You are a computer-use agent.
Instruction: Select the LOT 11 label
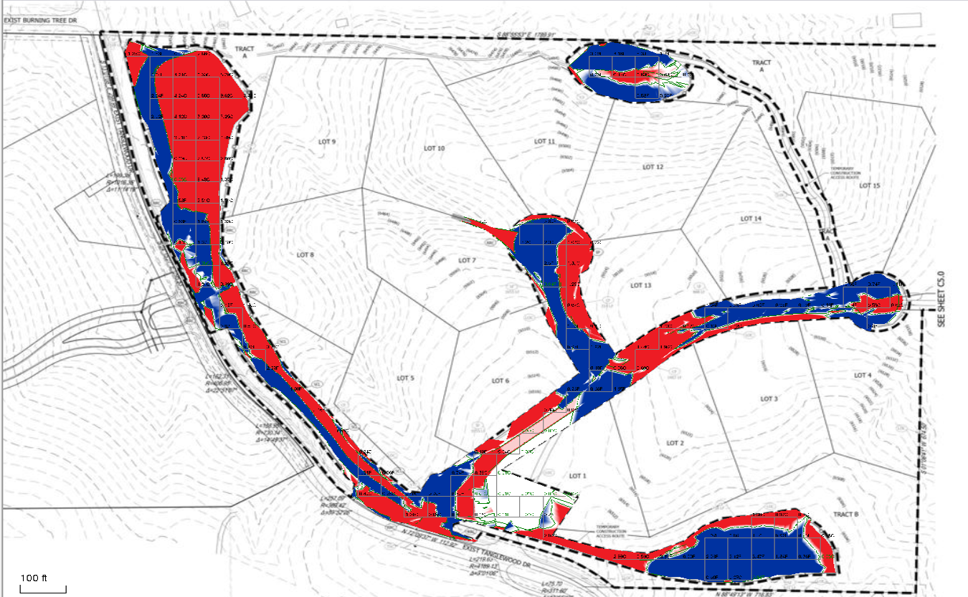tap(545, 142)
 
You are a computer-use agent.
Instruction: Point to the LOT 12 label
tap(652, 167)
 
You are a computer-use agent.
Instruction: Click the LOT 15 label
tap(869, 186)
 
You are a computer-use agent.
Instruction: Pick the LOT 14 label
tap(750, 219)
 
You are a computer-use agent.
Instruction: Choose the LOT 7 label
tap(466, 260)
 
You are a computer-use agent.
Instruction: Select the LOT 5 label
tap(405, 378)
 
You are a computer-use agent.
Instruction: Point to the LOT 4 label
tap(862, 376)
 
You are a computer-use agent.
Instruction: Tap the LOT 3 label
tap(768, 399)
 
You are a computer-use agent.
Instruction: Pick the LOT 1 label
tap(577, 476)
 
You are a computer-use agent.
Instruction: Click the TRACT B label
tap(847, 515)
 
